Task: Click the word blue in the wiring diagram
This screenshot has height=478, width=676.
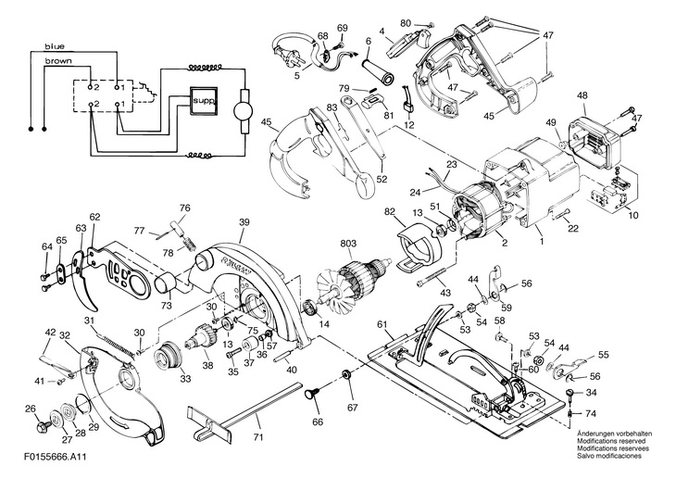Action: (x=55, y=46)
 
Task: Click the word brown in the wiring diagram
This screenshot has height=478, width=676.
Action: (x=58, y=61)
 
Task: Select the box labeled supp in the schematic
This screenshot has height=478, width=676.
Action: (x=204, y=101)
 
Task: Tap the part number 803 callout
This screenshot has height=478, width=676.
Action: (x=348, y=244)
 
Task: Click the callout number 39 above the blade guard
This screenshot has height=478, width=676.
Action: (x=244, y=221)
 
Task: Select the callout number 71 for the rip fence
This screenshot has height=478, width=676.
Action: (x=257, y=437)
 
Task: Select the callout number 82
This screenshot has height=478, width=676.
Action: (x=390, y=212)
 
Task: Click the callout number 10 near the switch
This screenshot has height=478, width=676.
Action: (x=633, y=215)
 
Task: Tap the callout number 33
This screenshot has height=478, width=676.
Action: (x=185, y=379)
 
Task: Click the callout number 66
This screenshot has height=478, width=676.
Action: (x=318, y=421)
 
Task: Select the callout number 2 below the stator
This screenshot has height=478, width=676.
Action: (x=505, y=244)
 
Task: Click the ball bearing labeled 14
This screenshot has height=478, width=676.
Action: (x=310, y=308)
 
